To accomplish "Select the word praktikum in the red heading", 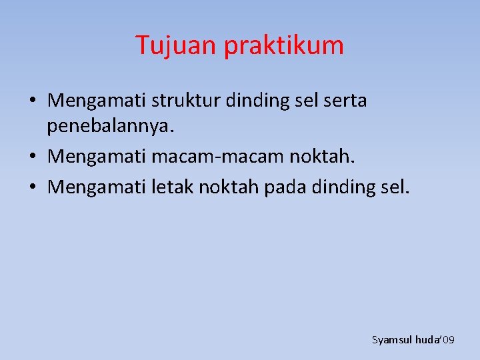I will (284, 46).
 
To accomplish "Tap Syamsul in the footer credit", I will (391, 340).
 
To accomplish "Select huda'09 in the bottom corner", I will (435, 340).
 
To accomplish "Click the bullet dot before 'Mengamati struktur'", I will (33, 102).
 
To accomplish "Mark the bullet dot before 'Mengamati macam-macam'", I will (33, 158).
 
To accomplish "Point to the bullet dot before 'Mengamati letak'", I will (33, 188).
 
